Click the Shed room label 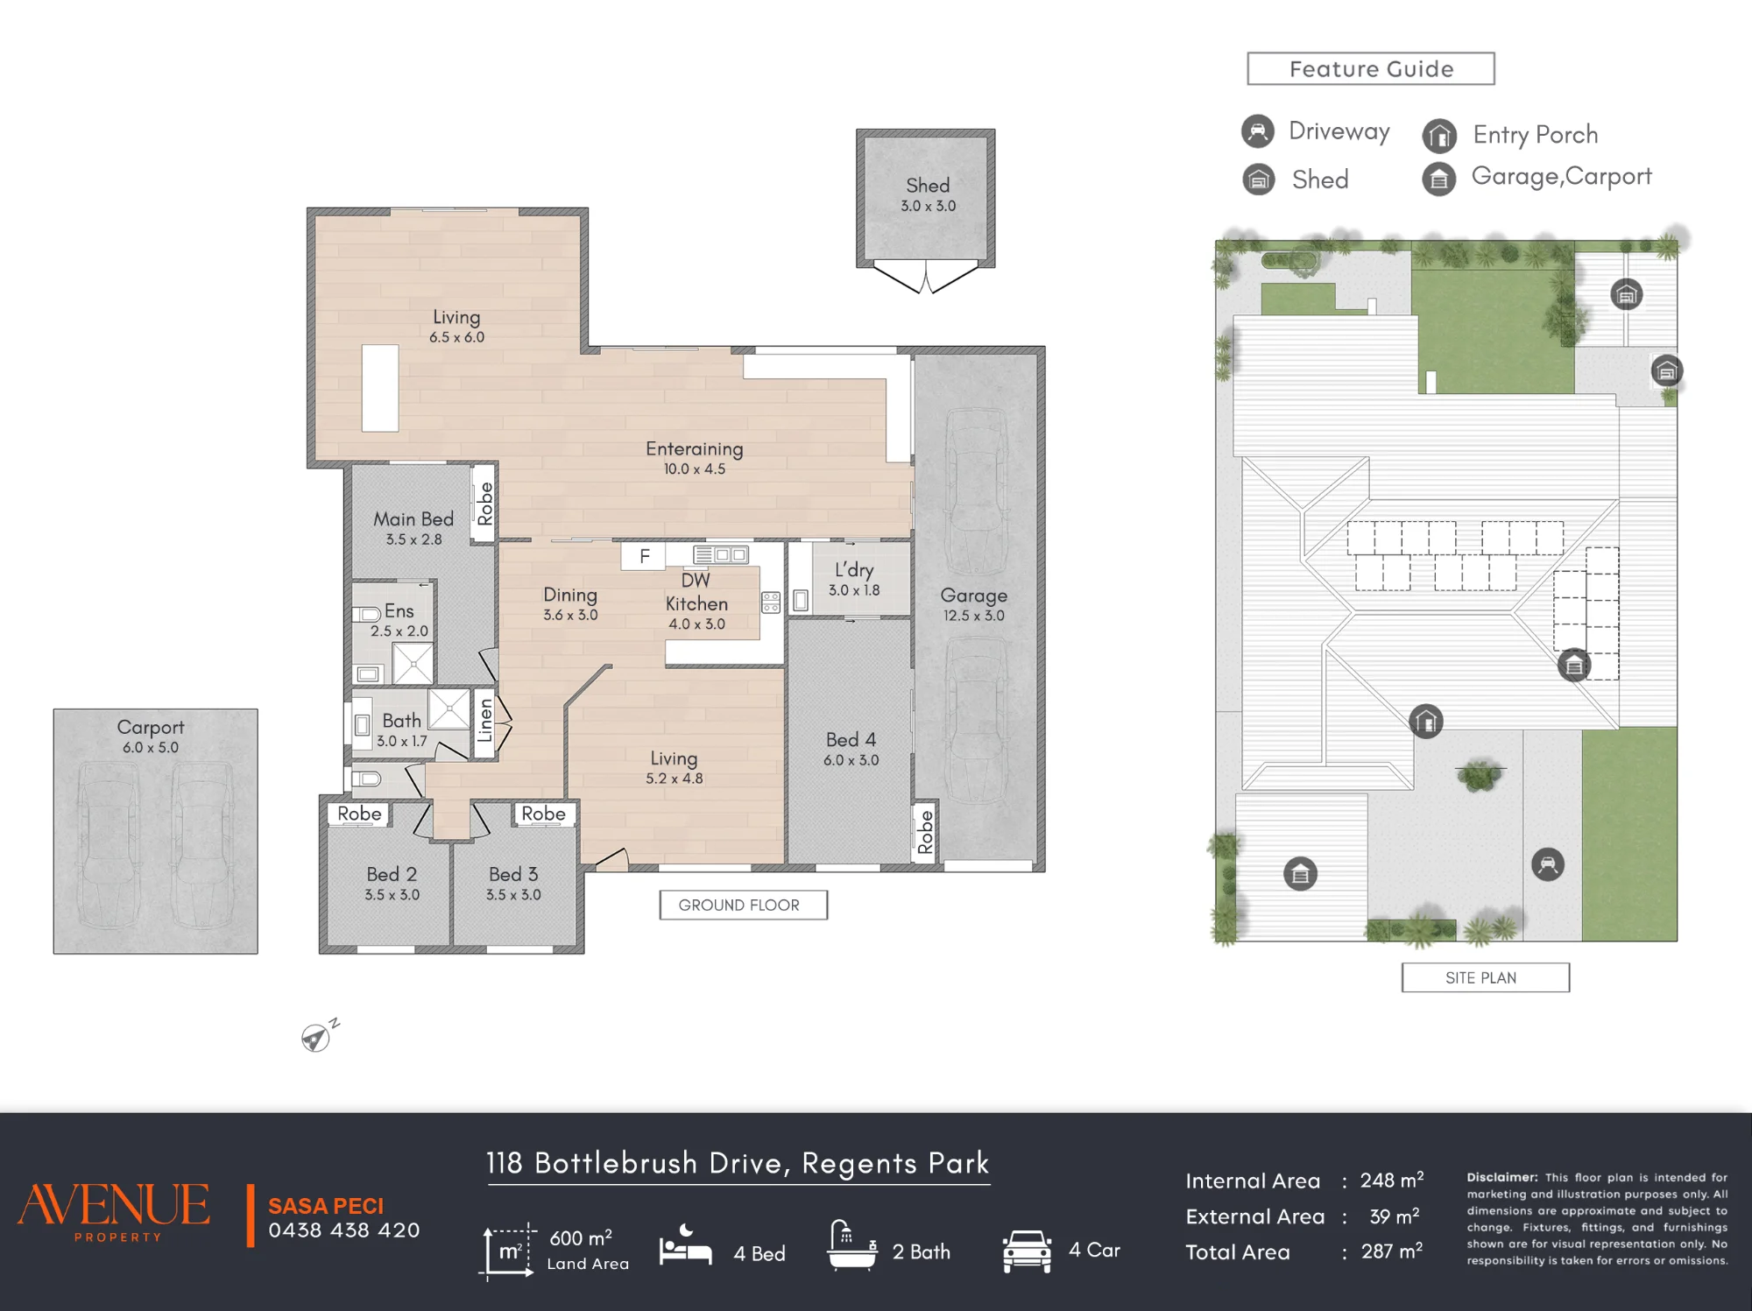click(928, 186)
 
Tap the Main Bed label click(413, 519)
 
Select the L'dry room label click(854, 570)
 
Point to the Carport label click(151, 728)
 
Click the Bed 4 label click(851, 740)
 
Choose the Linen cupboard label click(484, 720)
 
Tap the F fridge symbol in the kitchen click(644, 556)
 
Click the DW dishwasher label click(696, 580)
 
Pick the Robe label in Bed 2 click(359, 814)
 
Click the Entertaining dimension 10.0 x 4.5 click(695, 469)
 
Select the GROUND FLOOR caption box click(744, 906)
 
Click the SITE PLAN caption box click(1486, 977)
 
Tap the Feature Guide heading click(1371, 69)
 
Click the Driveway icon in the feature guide click(1258, 131)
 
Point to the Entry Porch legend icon click(1439, 136)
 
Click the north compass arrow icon click(316, 1036)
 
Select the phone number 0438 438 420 click(344, 1230)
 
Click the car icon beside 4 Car click(1027, 1251)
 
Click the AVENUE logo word click(114, 1205)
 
